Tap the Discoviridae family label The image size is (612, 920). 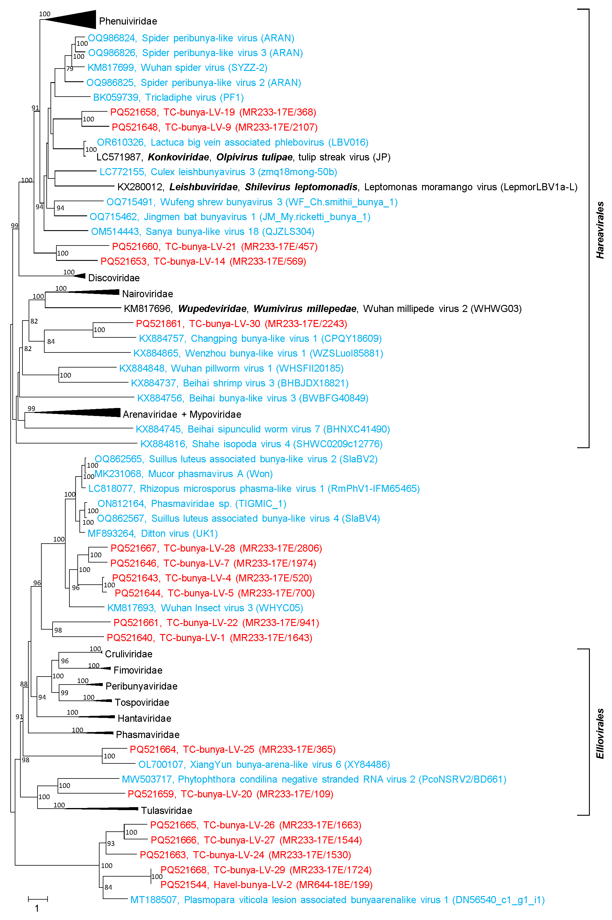pos(114,278)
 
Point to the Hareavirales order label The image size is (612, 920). pos(600,230)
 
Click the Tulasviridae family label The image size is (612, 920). pos(167,811)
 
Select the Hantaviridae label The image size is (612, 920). pos(144,719)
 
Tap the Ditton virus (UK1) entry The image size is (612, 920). pos(153,534)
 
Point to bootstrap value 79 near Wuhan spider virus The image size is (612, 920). pos(69,69)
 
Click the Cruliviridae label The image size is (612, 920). pos(128,654)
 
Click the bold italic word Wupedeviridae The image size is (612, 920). pos(212,309)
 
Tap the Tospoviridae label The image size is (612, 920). pos(142,703)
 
